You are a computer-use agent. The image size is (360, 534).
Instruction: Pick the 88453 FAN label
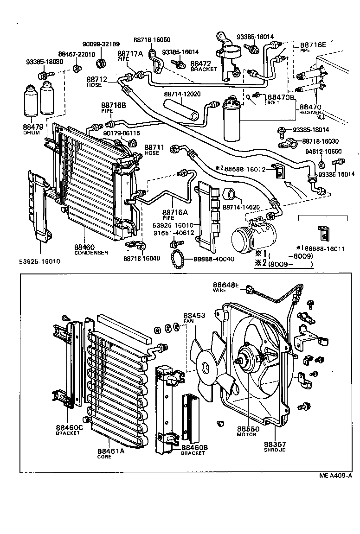[x=194, y=317]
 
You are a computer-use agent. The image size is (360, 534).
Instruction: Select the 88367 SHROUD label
[x=275, y=446]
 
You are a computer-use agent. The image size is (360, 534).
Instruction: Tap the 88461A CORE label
[x=111, y=453]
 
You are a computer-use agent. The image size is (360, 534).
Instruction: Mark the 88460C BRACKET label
[x=69, y=429]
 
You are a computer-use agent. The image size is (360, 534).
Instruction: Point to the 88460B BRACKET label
[x=194, y=450]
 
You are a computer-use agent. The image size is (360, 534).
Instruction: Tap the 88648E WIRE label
[x=226, y=287]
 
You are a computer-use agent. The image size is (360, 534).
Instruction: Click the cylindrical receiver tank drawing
[x=233, y=120]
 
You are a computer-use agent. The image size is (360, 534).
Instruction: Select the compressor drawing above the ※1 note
[x=248, y=235]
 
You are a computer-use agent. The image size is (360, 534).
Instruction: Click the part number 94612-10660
[x=336, y=151]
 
